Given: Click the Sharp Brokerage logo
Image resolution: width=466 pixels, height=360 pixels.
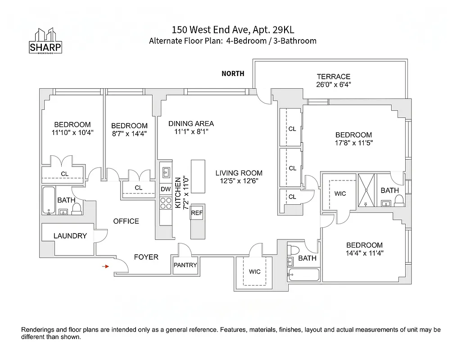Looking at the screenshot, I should (x=45, y=42).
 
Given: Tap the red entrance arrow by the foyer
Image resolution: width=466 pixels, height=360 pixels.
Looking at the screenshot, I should (x=106, y=266).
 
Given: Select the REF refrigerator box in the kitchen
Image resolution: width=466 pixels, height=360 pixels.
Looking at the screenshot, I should (x=197, y=213).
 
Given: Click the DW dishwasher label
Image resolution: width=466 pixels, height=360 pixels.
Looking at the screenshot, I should (x=166, y=189).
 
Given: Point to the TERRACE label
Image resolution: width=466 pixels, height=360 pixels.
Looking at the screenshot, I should (x=333, y=76).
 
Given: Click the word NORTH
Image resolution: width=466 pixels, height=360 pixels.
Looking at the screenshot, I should (x=233, y=74).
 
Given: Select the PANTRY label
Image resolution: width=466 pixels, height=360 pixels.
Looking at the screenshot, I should (x=185, y=265).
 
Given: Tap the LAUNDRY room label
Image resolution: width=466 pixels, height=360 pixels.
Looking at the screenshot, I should (x=70, y=236).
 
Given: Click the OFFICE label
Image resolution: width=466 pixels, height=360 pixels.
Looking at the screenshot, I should (x=126, y=221).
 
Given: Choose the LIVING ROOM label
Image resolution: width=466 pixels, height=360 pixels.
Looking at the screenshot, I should (x=239, y=173).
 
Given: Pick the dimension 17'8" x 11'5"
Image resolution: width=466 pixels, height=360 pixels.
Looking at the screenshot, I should (x=353, y=143).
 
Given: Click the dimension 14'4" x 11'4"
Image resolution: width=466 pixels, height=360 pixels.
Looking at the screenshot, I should (x=364, y=253).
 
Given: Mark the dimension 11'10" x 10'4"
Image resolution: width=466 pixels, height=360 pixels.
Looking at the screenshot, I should (x=72, y=133).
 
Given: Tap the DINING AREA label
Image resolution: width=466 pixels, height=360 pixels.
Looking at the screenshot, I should (x=191, y=124).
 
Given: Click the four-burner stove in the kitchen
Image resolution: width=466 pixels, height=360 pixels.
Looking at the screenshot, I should (x=166, y=205).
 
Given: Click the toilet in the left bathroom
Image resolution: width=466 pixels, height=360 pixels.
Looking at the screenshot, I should (x=77, y=208).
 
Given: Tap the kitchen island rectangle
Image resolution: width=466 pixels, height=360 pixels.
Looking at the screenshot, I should (x=197, y=173).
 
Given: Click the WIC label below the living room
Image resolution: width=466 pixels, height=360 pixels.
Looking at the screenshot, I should (x=255, y=272).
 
